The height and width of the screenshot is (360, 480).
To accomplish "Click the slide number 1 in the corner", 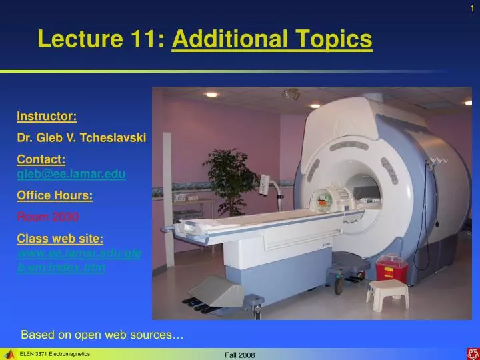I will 472,7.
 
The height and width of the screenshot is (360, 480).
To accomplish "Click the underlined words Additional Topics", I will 272,39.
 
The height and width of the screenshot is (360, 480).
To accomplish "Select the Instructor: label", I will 47,117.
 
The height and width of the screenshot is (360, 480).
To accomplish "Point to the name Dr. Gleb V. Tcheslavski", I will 81,138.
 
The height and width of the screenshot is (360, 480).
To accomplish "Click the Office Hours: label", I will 55,195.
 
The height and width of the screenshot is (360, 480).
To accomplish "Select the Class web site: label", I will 60,238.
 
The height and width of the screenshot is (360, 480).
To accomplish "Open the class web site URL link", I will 79,261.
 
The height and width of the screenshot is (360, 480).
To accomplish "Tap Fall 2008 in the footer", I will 240,355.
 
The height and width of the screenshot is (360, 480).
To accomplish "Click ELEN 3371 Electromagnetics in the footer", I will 55,354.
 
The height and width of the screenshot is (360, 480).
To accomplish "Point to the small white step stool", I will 387,294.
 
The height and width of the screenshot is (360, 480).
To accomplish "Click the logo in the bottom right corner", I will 472,353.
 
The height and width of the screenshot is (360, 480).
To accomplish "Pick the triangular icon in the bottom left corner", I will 9,354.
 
